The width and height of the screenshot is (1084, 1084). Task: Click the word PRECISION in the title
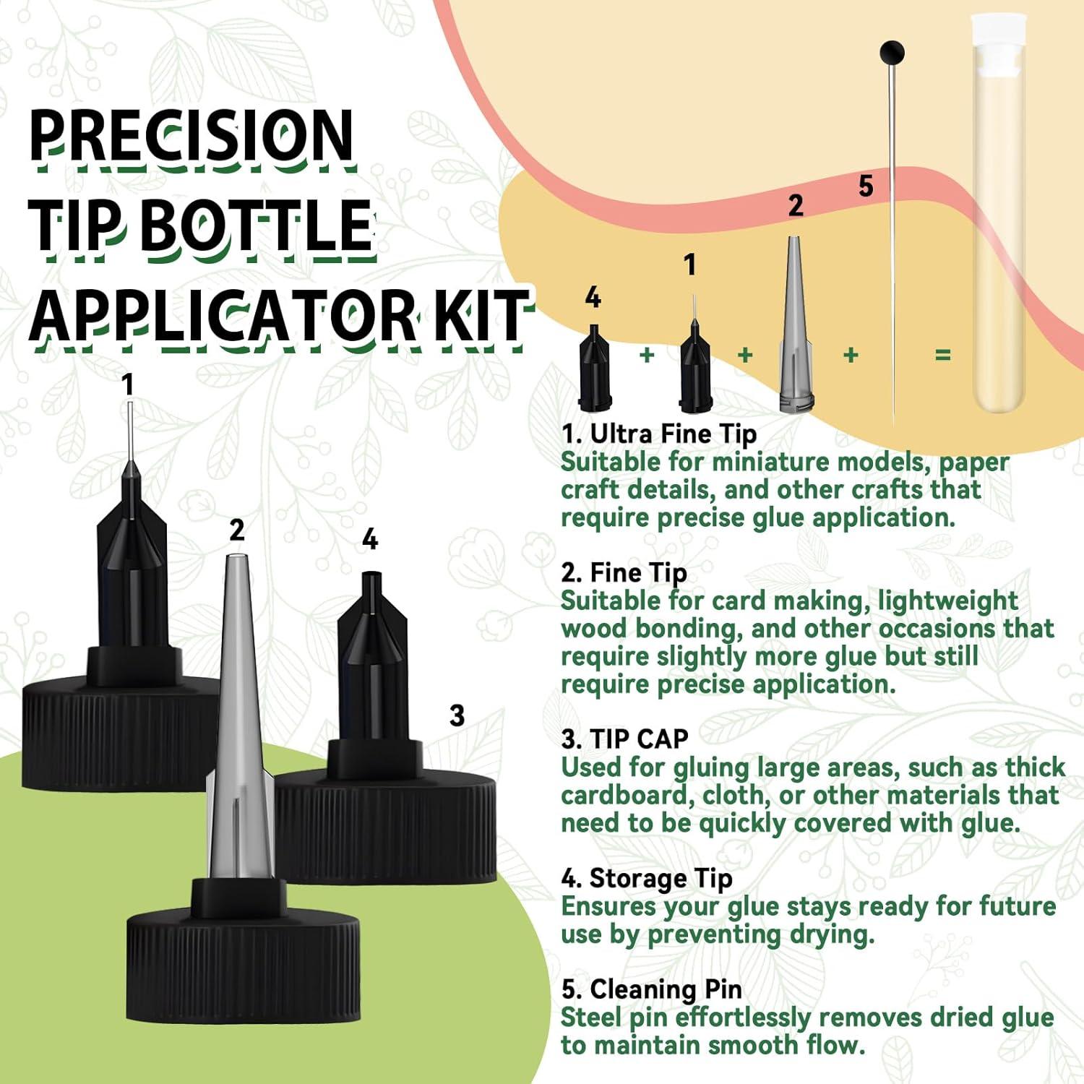[192, 137]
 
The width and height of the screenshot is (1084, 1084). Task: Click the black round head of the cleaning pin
[892, 53]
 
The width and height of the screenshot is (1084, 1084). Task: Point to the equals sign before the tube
[942, 355]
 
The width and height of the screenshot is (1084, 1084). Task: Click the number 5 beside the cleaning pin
[866, 186]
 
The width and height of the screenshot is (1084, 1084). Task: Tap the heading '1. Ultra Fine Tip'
[659, 434]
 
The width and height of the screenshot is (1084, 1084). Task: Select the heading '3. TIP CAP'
[625, 739]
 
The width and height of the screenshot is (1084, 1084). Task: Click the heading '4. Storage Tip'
[647, 879]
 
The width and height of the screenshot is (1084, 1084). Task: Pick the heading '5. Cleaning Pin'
[652, 989]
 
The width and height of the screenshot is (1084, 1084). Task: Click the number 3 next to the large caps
[457, 715]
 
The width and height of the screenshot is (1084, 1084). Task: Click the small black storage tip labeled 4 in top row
[595, 369]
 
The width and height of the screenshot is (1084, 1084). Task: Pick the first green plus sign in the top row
[647, 355]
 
